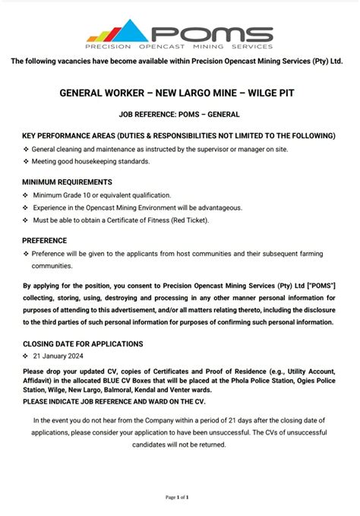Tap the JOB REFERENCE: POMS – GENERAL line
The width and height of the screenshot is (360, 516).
[x=179, y=114]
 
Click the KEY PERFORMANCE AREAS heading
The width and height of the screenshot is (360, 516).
[x=178, y=135]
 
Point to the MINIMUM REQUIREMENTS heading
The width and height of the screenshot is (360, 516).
[x=67, y=182]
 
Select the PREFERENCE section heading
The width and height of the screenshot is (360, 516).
[x=44, y=240]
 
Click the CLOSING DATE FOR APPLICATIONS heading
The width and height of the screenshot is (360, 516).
[x=83, y=343]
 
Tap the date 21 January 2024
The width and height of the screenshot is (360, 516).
[x=58, y=356]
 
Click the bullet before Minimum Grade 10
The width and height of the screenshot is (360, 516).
[x=25, y=195]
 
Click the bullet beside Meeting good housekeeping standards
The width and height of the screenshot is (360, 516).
[x=25, y=162]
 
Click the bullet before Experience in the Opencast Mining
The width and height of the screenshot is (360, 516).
[x=25, y=207]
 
